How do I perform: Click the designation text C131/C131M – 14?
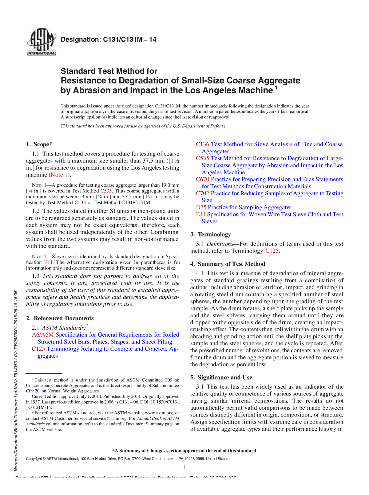109,39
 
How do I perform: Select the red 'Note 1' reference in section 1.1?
59,175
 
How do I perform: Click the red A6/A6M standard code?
43,335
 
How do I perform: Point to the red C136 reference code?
202,144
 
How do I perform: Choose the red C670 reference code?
202,179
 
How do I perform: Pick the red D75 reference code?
201,207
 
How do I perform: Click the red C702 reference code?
202,193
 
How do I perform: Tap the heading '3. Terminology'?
210,234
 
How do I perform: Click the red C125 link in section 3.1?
272,251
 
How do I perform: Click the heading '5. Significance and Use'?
221,377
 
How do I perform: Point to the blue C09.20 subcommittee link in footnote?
33,391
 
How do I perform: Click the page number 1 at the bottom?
184,468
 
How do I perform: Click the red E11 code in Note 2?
48,262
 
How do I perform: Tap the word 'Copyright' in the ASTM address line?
34,459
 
